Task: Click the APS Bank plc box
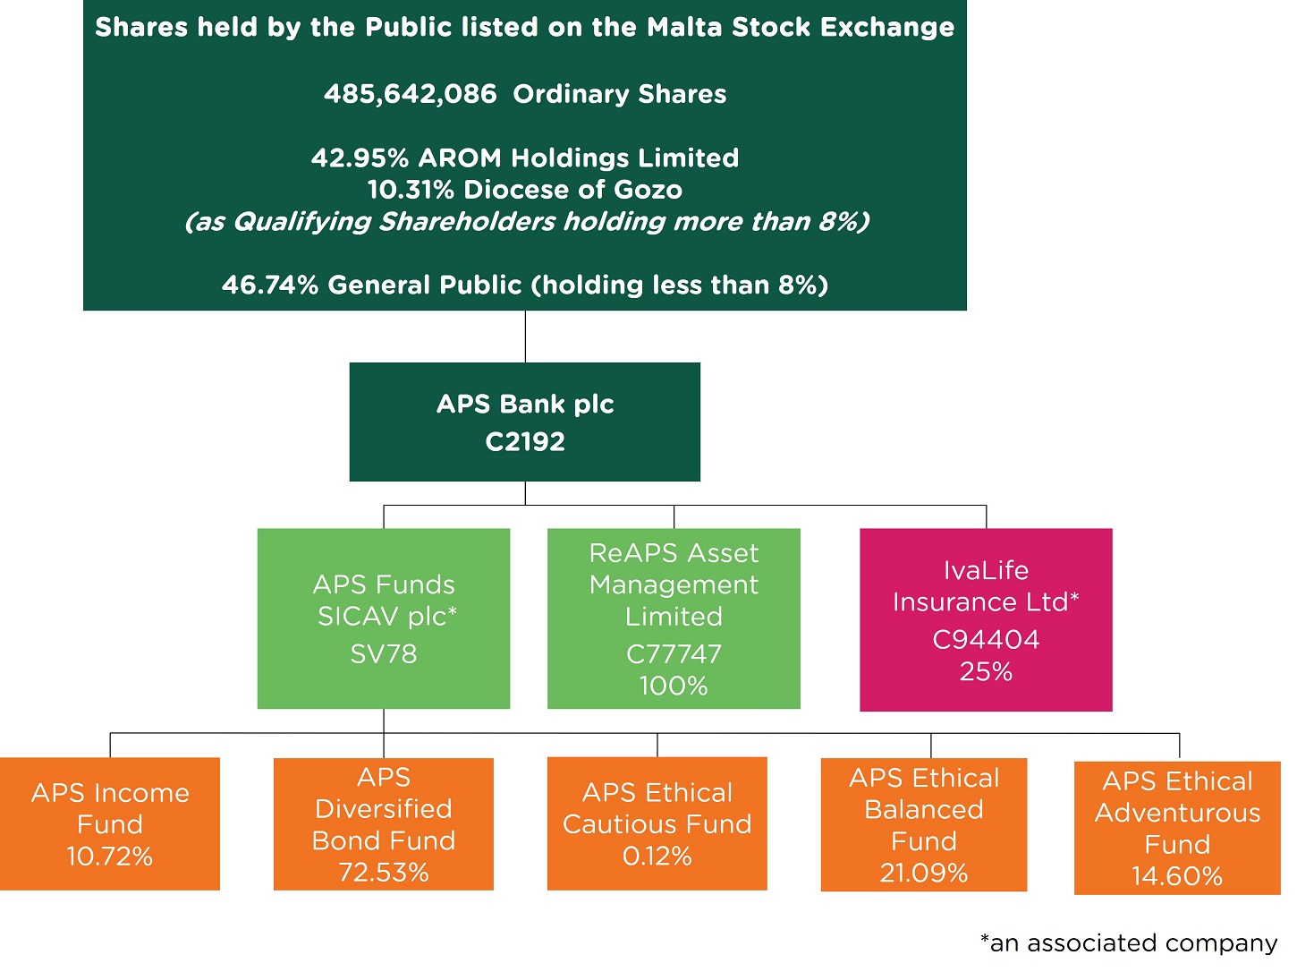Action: (524, 422)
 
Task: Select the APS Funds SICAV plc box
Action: (383, 618)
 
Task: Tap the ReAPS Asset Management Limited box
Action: (674, 618)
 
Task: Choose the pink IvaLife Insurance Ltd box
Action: (986, 619)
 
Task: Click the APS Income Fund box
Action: (110, 823)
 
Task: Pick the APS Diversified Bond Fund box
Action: (383, 823)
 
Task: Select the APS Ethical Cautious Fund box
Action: (657, 823)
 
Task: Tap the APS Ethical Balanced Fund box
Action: (923, 824)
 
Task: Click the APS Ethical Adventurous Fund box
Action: (1177, 827)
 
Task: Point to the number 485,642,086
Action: (410, 94)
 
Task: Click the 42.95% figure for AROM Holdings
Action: (360, 158)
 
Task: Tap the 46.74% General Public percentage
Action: (270, 285)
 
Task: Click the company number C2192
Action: (525, 441)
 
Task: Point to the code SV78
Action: (383, 654)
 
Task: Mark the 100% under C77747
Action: (674, 686)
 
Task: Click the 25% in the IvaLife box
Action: (986, 671)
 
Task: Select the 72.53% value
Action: (383, 873)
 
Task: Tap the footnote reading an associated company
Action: (1129, 943)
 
